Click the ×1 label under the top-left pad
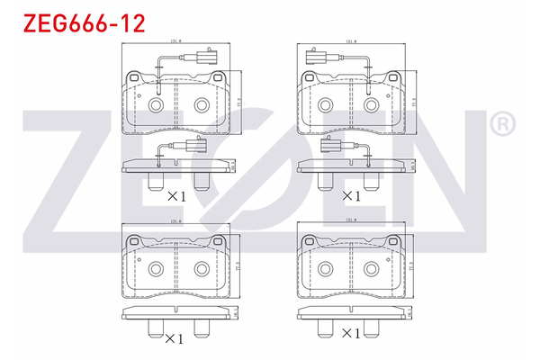(x=175, y=195)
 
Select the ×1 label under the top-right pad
(x=351, y=195)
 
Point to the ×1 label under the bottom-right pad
(x=351, y=334)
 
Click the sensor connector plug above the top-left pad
(x=202, y=60)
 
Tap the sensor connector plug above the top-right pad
(x=318, y=60)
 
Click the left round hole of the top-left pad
(x=155, y=105)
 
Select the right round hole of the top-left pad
(x=198, y=105)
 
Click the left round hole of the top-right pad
(x=330, y=105)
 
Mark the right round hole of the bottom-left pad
(x=198, y=267)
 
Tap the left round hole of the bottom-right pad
(x=330, y=267)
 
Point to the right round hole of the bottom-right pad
(x=373, y=267)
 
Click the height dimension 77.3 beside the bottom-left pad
(x=239, y=267)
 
